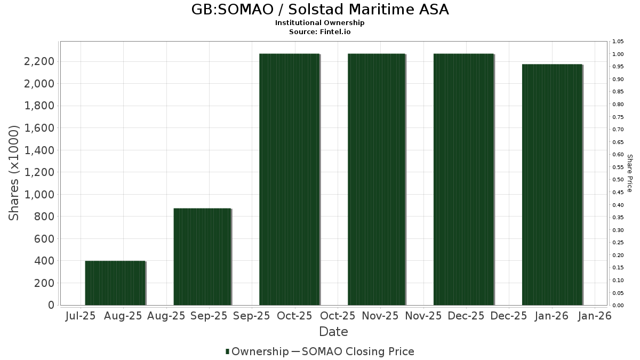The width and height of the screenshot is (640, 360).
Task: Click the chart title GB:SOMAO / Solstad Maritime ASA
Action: click(x=319, y=10)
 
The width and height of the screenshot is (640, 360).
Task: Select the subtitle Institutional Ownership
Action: click(x=319, y=23)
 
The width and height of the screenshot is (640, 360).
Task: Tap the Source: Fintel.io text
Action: click(x=319, y=32)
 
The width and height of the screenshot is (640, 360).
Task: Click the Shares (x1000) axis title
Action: click(x=14, y=173)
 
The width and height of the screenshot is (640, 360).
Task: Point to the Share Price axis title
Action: click(x=629, y=173)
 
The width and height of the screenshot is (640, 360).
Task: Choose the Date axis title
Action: click(x=333, y=332)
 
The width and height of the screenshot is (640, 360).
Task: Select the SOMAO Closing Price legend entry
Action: click(x=357, y=351)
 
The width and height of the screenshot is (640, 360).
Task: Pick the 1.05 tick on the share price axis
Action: click(x=618, y=42)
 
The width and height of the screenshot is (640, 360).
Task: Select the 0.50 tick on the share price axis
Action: click(x=618, y=180)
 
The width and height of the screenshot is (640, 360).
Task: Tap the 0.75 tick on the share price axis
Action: click(x=618, y=117)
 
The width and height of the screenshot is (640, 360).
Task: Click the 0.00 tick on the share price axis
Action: click(x=618, y=306)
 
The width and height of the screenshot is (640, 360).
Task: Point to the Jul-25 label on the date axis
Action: click(x=80, y=316)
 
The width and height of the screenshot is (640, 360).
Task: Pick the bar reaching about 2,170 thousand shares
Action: click(x=551, y=185)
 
